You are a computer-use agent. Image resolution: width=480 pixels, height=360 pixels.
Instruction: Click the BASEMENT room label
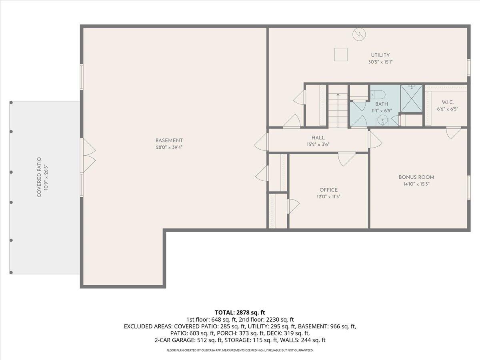(x=169, y=140)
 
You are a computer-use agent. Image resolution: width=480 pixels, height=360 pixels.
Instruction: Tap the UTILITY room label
(x=380, y=55)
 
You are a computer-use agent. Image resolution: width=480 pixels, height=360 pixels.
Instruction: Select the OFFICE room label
(x=328, y=190)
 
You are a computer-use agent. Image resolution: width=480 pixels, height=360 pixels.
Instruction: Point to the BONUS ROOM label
(x=416, y=177)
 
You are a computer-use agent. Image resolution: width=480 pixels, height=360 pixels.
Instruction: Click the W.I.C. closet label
(x=448, y=102)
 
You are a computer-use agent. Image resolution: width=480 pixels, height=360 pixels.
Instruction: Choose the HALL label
(x=318, y=138)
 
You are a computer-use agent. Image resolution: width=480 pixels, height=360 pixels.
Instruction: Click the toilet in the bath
(x=378, y=95)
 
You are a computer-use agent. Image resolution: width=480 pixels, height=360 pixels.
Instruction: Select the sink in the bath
(x=383, y=120)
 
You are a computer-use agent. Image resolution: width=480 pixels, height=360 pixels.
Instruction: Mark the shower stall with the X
(x=412, y=98)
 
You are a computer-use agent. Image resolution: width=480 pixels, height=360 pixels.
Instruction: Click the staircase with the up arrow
(x=338, y=110)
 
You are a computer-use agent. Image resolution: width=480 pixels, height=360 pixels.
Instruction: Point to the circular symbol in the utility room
(x=359, y=35)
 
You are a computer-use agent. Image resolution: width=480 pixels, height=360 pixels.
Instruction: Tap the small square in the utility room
(x=341, y=54)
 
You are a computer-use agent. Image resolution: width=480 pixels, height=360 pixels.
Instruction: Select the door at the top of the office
(x=346, y=158)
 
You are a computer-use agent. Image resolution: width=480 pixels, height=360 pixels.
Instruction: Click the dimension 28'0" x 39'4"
(x=169, y=147)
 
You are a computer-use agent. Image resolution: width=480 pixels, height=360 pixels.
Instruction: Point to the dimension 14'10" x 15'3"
(x=416, y=184)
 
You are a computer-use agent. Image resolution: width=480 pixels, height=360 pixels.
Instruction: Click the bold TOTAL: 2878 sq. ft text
(x=240, y=312)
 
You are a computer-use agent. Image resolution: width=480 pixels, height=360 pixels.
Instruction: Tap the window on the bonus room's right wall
(x=468, y=187)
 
